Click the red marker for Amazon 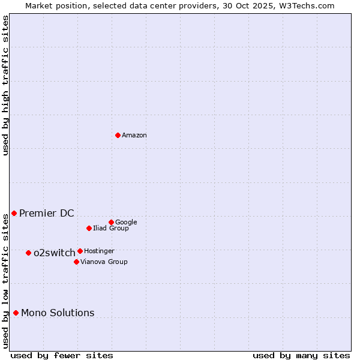click(118, 135)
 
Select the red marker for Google click(111, 222)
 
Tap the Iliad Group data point click(89, 228)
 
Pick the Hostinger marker click(80, 251)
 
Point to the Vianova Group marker click(76, 262)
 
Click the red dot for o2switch click(28, 253)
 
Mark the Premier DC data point click(14, 213)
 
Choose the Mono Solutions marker click(16, 313)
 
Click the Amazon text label click(134, 136)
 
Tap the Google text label click(126, 223)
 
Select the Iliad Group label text click(111, 229)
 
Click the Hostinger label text click(99, 251)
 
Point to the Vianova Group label click(104, 262)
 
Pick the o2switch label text click(55, 253)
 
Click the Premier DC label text click(47, 214)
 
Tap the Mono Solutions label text click(58, 313)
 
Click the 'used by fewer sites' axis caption click(62, 355)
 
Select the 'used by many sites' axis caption click(301, 355)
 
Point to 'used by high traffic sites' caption click(5, 85)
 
